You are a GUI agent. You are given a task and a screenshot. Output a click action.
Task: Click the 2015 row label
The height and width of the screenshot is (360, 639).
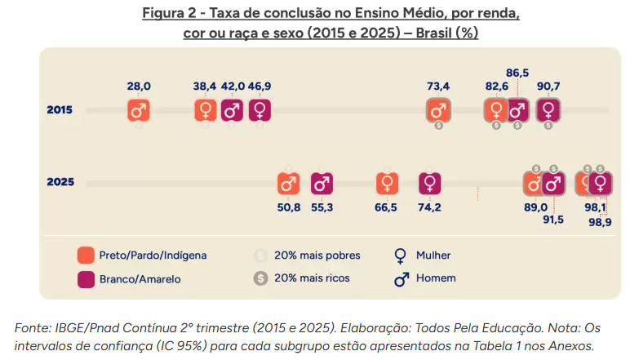[x=60, y=110]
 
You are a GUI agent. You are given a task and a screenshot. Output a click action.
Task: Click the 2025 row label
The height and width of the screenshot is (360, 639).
[x=60, y=182]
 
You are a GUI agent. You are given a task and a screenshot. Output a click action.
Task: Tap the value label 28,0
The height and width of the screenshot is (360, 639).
[x=139, y=87]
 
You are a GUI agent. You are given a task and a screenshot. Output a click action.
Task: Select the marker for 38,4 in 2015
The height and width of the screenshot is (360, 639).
[x=206, y=110]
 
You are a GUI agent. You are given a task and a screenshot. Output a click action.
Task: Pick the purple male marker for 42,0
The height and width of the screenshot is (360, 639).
[x=233, y=110]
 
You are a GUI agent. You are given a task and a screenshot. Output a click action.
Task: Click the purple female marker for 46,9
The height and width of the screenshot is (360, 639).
[x=260, y=110]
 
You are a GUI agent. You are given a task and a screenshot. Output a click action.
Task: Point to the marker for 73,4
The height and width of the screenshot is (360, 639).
[x=438, y=110]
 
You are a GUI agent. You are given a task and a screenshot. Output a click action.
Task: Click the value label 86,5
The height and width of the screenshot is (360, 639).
[x=517, y=73]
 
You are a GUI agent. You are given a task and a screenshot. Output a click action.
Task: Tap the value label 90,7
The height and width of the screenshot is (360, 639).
[x=548, y=87]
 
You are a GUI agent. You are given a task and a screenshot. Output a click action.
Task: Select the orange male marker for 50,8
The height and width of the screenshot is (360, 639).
[x=289, y=184]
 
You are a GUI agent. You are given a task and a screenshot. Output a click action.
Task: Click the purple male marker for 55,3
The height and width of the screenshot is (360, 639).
[x=322, y=184]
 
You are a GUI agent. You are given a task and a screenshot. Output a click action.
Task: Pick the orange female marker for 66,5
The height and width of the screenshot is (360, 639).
[x=387, y=184]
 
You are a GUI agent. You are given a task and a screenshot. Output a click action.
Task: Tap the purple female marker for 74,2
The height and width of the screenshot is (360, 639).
[x=429, y=184]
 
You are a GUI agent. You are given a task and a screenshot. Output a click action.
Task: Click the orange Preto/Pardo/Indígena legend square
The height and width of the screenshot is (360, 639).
[x=87, y=255]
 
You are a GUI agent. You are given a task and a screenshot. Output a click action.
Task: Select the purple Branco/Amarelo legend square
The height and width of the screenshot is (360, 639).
[x=87, y=278]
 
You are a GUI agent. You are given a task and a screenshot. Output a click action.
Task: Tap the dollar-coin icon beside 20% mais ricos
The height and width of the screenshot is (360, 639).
[x=261, y=278]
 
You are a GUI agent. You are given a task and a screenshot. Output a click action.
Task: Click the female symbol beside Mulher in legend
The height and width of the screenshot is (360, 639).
[x=401, y=255]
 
